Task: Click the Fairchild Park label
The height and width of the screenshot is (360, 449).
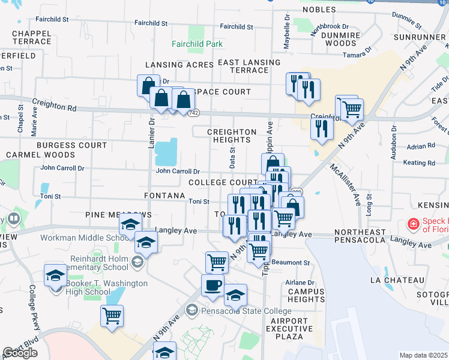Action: [x=197, y=44]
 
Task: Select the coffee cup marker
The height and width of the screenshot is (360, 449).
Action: [x=213, y=285]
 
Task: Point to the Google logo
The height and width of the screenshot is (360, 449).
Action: [x=20, y=353]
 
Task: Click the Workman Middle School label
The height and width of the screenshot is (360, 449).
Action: [x=81, y=238]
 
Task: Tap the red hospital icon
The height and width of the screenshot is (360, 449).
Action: [x=412, y=224]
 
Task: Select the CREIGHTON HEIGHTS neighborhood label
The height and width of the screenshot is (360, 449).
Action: [x=231, y=136]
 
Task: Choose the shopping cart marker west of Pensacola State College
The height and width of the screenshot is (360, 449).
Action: [x=112, y=314]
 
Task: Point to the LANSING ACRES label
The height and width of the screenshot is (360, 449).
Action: [x=171, y=65]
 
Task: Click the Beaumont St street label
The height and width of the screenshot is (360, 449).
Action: [x=290, y=262]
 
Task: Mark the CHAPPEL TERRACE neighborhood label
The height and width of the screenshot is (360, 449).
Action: [x=31, y=37]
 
